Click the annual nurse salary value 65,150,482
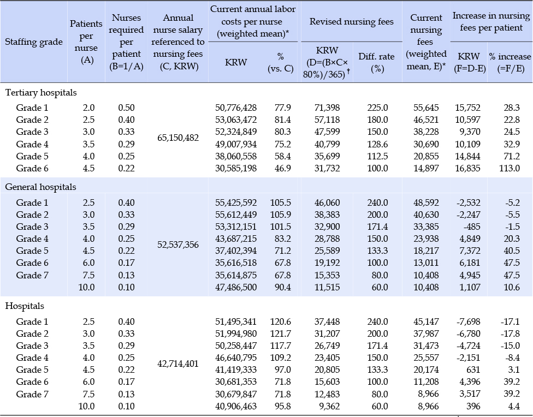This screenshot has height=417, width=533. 178,138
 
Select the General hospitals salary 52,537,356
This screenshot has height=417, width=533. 178,245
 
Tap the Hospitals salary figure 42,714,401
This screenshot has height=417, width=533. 178,364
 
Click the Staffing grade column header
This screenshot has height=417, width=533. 34,42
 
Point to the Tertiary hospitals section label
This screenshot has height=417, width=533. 41,92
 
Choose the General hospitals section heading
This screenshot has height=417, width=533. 40,187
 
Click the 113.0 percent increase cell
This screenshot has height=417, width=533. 509,168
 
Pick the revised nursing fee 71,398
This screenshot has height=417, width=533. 327,108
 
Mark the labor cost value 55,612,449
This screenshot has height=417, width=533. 236,215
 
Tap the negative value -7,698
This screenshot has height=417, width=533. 468,321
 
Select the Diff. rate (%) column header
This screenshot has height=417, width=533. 377,63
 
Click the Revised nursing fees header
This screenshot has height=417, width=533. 352,21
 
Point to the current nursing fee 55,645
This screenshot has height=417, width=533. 426,108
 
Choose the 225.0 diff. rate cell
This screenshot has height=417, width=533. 377,108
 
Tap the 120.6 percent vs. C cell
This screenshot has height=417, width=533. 281,321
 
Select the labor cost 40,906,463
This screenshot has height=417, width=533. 236,406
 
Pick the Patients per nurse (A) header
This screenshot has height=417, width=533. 86,42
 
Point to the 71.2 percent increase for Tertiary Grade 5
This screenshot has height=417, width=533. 512,156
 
